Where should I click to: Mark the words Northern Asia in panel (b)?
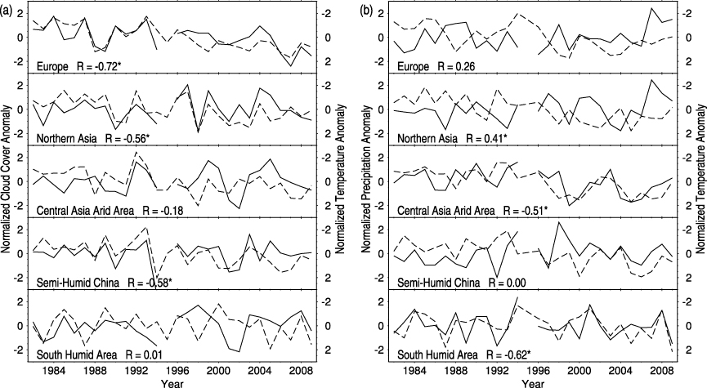(x=427, y=137)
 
